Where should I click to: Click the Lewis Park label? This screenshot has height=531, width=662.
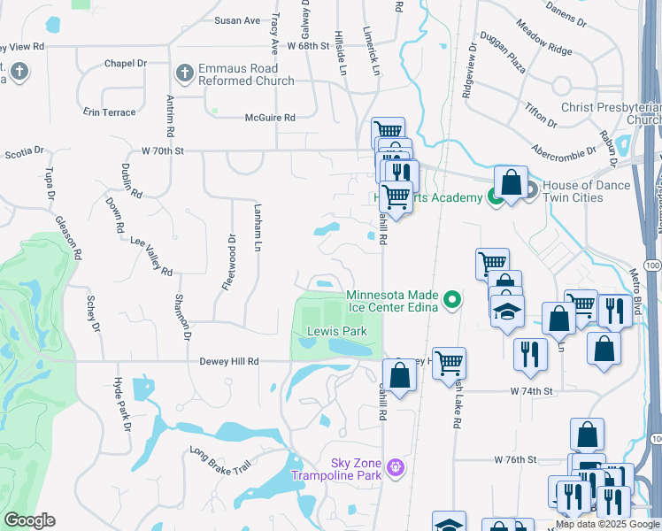(x=336, y=332)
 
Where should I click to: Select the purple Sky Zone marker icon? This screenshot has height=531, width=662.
(x=396, y=466)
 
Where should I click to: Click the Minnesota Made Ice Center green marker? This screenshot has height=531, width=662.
(x=453, y=301)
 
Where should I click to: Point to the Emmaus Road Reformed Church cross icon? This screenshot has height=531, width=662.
(x=184, y=72)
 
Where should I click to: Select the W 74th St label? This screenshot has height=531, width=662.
(x=531, y=390)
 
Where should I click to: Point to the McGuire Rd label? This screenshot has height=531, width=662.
(x=270, y=117)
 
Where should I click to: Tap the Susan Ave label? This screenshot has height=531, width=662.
(x=237, y=20)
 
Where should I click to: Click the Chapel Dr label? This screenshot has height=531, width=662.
(x=125, y=64)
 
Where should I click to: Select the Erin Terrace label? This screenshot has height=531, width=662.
(x=110, y=112)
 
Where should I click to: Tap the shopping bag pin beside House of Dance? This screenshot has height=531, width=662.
(x=511, y=183)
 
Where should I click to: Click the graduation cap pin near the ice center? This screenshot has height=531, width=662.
(x=508, y=312)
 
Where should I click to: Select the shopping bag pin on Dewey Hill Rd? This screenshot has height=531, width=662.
(x=400, y=375)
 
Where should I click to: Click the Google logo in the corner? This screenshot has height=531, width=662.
(x=29, y=520)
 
